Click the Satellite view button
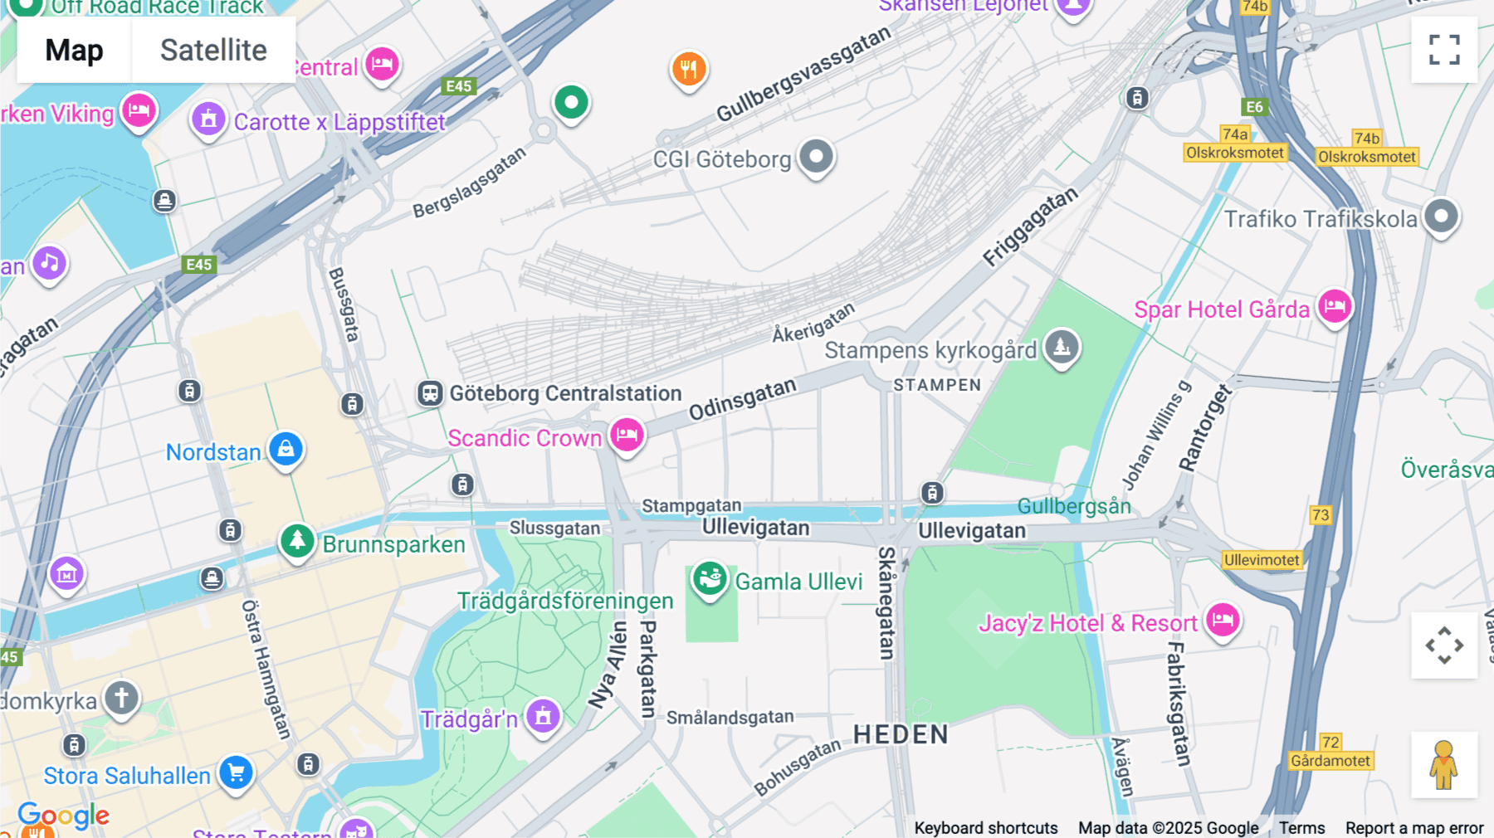(213, 50)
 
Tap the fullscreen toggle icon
(1444, 50)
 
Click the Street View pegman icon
(1444, 764)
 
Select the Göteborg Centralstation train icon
(430, 392)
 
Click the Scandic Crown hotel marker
(627, 434)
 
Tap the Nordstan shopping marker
(286, 449)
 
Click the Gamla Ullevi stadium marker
(710, 578)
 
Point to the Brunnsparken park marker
(297, 541)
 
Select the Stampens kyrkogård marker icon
(1062, 347)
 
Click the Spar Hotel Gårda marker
(1335, 306)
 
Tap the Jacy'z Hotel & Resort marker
(1223, 620)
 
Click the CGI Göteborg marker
(816, 156)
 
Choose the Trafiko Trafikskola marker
(1442, 217)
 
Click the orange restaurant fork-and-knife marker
(689, 69)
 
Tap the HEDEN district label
(901, 734)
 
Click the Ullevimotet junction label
(1262, 560)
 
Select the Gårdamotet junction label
(1330, 761)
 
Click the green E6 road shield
(1254, 107)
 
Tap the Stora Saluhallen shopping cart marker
(237, 772)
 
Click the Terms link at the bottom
(1301, 827)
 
